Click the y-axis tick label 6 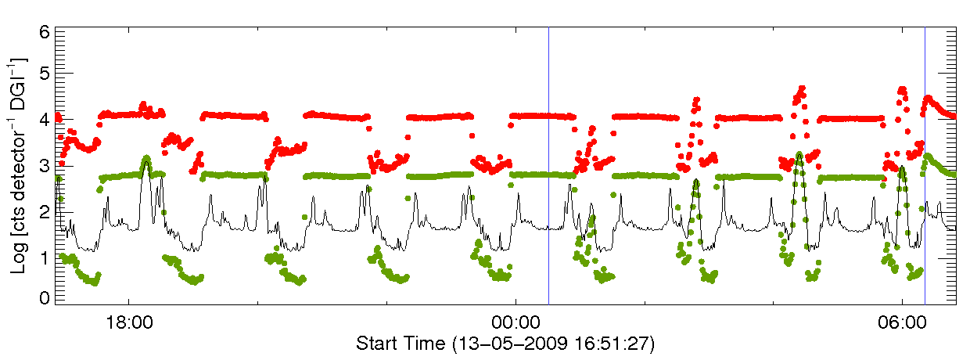[x=45, y=32]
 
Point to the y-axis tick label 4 [x=45, y=121]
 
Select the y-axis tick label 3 [x=45, y=166]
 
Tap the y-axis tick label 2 [x=45, y=211]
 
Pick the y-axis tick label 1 [x=45, y=255]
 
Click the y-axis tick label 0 [x=45, y=298]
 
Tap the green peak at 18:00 [x=146, y=160]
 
